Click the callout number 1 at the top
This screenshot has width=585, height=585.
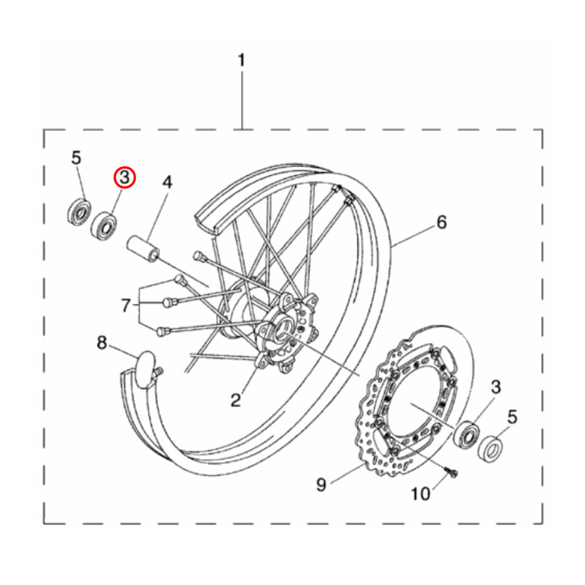(x=242, y=60)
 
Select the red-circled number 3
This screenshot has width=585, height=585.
(x=124, y=177)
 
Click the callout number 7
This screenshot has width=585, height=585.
(x=125, y=305)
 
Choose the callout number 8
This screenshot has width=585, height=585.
(x=102, y=343)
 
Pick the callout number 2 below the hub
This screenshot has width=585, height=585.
(x=235, y=400)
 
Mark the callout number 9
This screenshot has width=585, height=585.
(x=321, y=484)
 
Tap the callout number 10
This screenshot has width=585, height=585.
(x=420, y=494)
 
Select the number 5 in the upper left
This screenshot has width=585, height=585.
(x=76, y=157)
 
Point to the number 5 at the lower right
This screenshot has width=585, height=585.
(x=512, y=417)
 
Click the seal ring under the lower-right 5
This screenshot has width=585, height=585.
(x=490, y=448)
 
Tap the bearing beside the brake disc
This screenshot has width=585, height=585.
(x=467, y=434)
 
